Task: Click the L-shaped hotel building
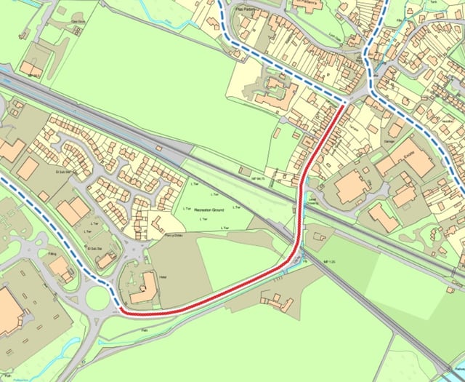(x=143, y=287)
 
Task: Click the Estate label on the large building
(x=408, y=154)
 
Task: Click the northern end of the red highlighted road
(x=343, y=108)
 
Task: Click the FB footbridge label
(x=305, y=260)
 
